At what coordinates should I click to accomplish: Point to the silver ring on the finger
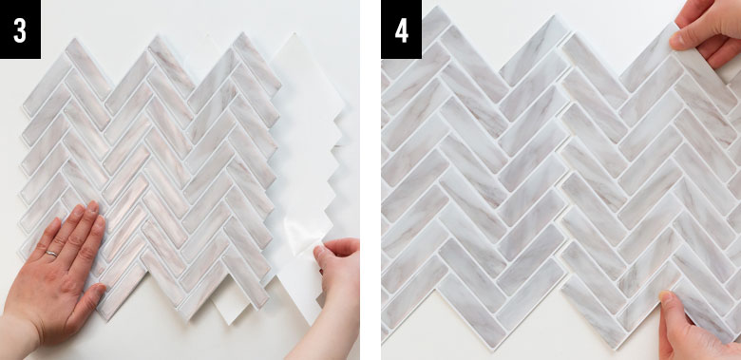pyautogui.click(x=51, y=255)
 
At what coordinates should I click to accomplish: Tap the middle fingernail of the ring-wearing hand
pyautogui.click(x=91, y=207)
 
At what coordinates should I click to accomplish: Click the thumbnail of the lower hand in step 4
pyautogui.click(x=667, y=297)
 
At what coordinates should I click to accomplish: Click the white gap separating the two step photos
pyautogui.click(x=370, y=180)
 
